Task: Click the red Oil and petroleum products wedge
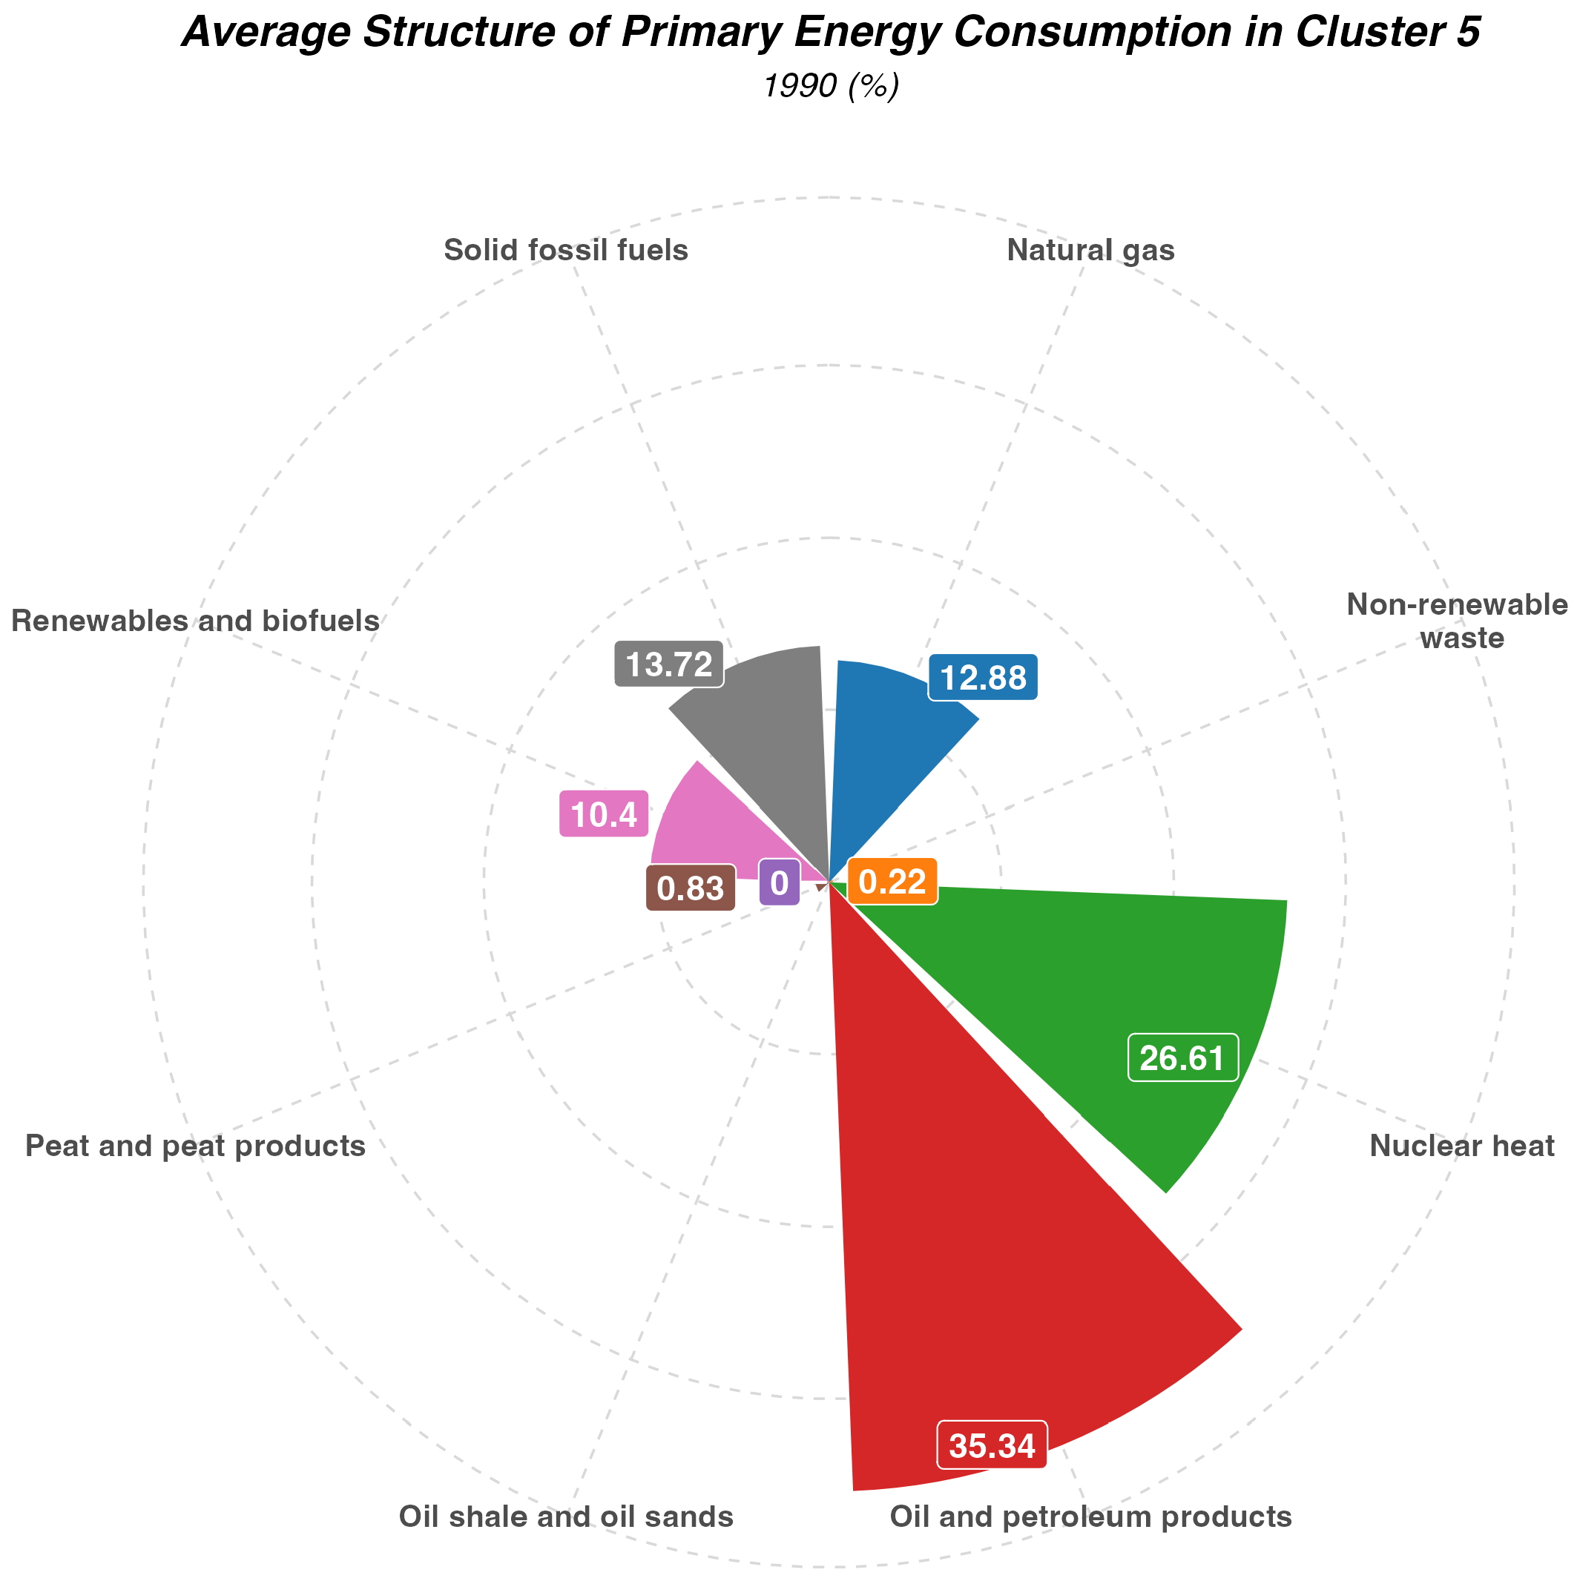coord(982,1227)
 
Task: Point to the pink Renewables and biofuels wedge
coord(712,835)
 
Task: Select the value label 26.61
coord(1182,1058)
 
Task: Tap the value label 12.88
coord(982,678)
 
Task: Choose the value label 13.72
coord(668,664)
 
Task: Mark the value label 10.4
coord(603,814)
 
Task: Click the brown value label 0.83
coord(691,888)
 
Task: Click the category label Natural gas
coord(1090,251)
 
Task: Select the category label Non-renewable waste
coord(1457,621)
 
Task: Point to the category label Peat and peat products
coord(196,1146)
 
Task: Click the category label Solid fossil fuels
coord(565,251)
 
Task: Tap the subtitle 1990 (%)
coord(831,86)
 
